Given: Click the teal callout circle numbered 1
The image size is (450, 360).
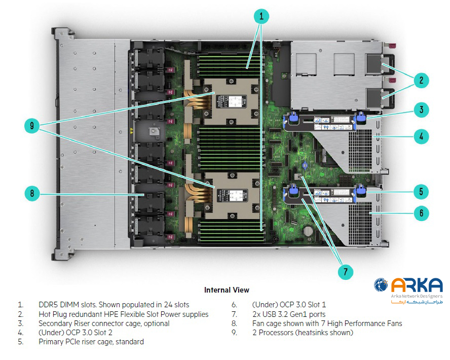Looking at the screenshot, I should pos(261,17).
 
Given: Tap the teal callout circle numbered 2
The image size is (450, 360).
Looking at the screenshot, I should pos(421,80).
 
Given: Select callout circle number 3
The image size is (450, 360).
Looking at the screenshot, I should pos(421,110).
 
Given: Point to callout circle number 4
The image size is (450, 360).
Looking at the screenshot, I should pos(421,136).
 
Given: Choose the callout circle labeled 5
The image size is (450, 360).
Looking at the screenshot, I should pos(421,192).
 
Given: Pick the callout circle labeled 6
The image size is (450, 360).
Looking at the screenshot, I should pos(421,213).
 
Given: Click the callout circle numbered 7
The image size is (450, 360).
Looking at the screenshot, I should pos(345,272).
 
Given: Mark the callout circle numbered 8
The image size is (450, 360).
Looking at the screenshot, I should pos(31,193).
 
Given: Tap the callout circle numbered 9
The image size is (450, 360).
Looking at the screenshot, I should pos(31,126).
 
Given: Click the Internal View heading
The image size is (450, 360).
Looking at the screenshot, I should pos(227,290).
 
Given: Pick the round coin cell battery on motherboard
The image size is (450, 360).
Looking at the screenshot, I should pos(308,230).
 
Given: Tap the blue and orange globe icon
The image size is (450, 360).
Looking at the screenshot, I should pos(381,285).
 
